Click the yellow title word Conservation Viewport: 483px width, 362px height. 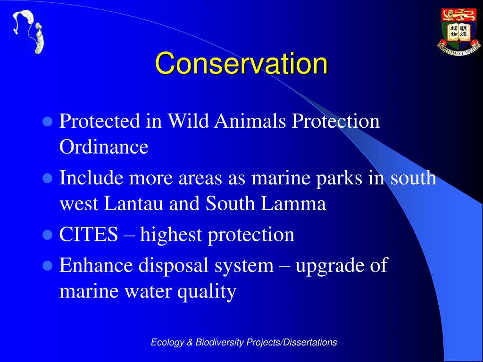(x=241, y=63)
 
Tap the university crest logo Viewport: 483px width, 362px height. (x=458, y=32)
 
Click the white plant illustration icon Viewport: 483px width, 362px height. (x=29, y=32)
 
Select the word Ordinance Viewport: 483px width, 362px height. (x=104, y=147)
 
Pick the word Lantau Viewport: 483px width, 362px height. (x=133, y=204)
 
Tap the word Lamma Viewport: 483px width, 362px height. (x=293, y=204)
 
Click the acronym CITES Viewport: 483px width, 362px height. (x=88, y=234)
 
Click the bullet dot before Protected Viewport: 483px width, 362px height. (x=48, y=122)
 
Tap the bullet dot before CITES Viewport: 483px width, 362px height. (x=48, y=235)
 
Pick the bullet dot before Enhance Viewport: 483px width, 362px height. (x=48, y=266)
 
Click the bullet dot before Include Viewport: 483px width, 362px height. (x=48, y=179)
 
